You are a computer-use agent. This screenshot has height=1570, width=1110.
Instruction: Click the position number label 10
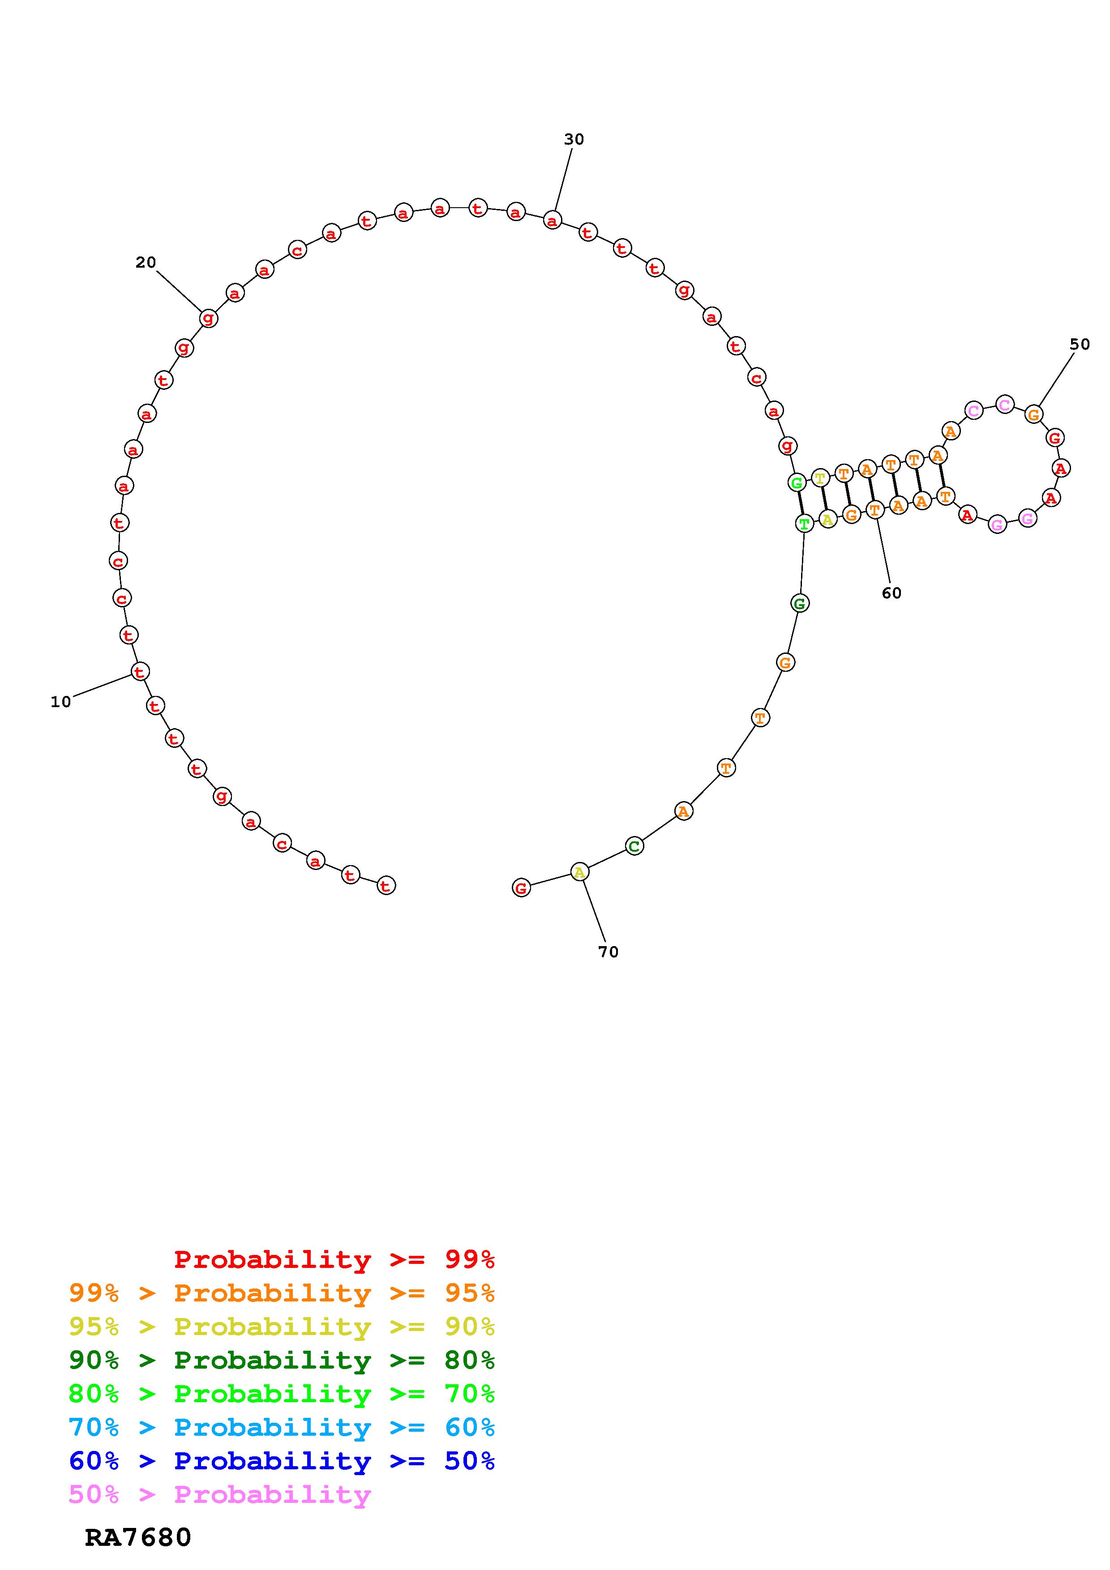[61, 702]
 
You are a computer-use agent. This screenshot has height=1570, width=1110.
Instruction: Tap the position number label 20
[146, 263]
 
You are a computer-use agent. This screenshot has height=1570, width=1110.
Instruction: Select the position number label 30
[574, 140]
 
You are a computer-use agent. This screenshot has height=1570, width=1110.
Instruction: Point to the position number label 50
[1079, 345]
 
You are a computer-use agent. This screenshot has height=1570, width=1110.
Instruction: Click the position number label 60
[891, 593]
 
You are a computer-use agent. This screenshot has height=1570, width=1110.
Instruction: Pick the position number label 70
[608, 952]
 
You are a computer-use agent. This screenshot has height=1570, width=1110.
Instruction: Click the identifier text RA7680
[138, 1538]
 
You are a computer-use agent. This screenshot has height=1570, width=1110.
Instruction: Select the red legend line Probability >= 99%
[334, 1259]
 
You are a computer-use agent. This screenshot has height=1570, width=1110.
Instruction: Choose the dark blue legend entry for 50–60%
[282, 1461]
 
